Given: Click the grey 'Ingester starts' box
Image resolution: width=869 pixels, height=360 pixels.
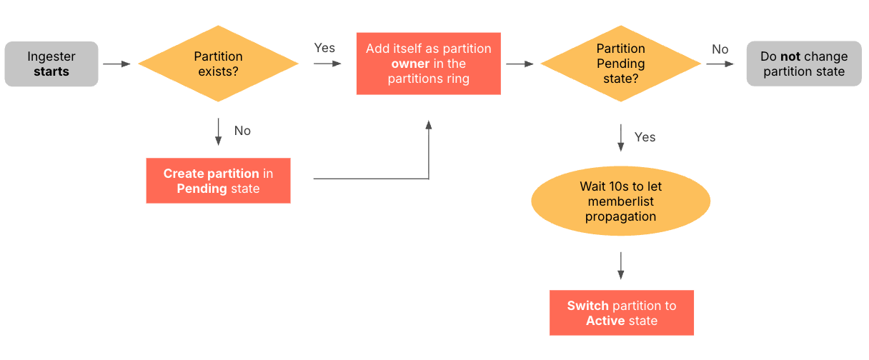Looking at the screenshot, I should pyautogui.click(x=51, y=64).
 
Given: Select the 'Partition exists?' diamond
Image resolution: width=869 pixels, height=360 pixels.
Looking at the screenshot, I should pyautogui.click(x=218, y=64).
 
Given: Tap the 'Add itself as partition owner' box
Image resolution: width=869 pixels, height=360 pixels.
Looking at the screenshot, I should pyautogui.click(x=428, y=64).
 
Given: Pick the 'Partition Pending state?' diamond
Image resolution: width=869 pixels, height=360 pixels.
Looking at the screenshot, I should pyautogui.click(x=620, y=64).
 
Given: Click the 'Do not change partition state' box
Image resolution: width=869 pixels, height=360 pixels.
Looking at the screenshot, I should pyautogui.click(x=803, y=64).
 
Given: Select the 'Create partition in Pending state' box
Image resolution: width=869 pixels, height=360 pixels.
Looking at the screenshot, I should pyautogui.click(x=218, y=181).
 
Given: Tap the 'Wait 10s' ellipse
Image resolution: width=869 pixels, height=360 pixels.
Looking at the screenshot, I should pyautogui.click(x=620, y=201).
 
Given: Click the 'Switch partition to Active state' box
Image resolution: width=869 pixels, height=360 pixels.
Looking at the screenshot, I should pyautogui.click(x=621, y=313).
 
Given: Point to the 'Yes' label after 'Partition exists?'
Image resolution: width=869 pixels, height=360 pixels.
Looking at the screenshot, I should pyautogui.click(x=324, y=48).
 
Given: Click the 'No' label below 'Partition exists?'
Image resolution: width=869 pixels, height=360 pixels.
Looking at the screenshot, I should pyautogui.click(x=242, y=131).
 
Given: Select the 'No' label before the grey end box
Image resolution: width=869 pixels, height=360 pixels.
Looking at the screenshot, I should pyautogui.click(x=720, y=49).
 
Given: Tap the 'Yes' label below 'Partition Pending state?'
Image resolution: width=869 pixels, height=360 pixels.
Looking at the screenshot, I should pyautogui.click(x=645, y=136).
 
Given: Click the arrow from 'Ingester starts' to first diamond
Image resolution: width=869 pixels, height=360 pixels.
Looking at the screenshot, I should pyautogui.click(x=117, y=64).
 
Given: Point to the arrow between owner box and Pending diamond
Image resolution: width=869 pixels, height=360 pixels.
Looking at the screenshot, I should pyautogui.click(x=520, y=64).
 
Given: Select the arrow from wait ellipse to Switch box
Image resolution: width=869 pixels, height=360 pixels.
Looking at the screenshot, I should pyautogui.click(x=620, y=264).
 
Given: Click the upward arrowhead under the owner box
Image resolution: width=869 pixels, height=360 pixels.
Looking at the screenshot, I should pyautogui.click(x=428, y=125).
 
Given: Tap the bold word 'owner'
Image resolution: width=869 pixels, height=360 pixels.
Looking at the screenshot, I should pyautogui.click(x=410, y=64).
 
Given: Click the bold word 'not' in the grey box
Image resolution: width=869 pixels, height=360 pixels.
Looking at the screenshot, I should pyautogui.click(x=789, y=56).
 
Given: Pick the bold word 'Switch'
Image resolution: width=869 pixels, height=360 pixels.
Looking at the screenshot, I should pyautogui.click(x=587, y=306).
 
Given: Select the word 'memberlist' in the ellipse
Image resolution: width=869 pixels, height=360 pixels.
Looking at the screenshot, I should pyautogui.click(x=620, y=201).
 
